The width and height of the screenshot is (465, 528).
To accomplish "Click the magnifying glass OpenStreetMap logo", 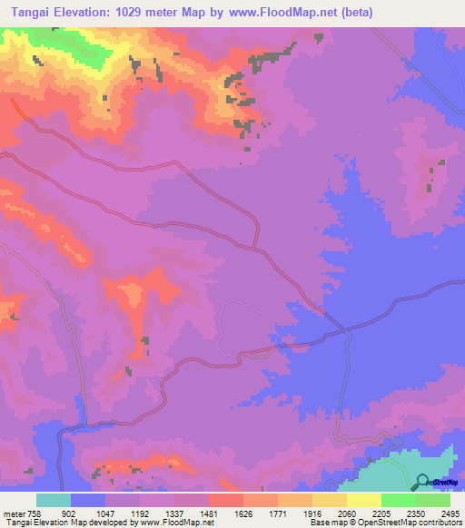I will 423,484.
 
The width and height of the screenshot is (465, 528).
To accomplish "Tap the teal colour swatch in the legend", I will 54,500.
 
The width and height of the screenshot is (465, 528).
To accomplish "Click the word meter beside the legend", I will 13,512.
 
